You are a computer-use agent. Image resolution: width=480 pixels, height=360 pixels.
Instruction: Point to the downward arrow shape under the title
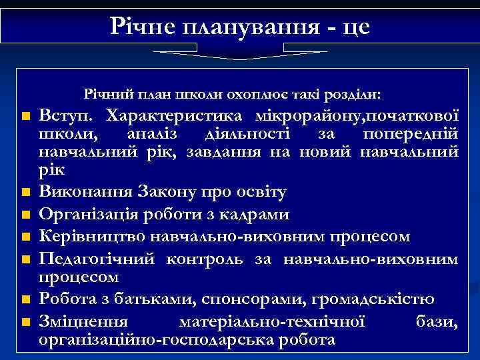point(240,54)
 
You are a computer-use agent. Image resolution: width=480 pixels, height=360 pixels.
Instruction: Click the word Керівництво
point(91,237)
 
